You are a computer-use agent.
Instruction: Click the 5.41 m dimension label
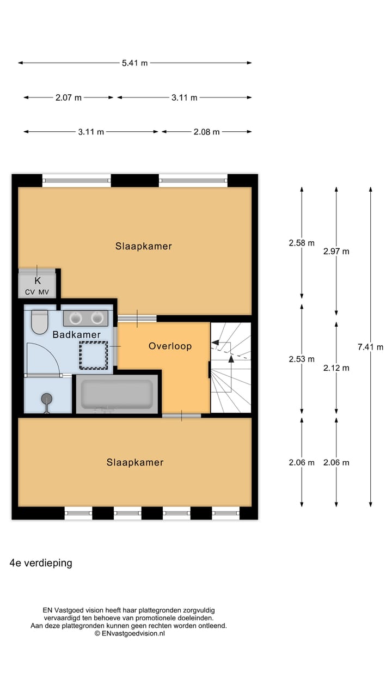point(134,63)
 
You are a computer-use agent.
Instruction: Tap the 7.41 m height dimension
point(370,347)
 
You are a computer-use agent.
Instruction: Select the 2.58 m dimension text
point(302,243)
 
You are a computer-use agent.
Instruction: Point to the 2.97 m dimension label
point(336,251)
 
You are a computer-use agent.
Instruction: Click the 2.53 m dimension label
point(302,359)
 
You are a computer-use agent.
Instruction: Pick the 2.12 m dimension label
point(336,368)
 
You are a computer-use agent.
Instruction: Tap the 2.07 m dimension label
point(69,97)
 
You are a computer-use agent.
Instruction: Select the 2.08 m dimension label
point(206,132)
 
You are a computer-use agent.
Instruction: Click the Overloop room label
point(170,346)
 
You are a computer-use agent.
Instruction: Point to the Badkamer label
point(76,334)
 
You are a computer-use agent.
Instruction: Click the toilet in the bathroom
point(39,322)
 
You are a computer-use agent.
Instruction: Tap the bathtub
point(117,394)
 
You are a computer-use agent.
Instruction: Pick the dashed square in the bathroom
point(94,354)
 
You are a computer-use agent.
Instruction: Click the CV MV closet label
point(37,292)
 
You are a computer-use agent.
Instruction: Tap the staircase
point(231,368)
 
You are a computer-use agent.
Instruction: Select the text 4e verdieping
point(41,563)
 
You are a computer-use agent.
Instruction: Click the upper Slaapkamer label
point(143,246)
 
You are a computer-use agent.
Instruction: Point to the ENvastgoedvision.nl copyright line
point(130,633)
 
